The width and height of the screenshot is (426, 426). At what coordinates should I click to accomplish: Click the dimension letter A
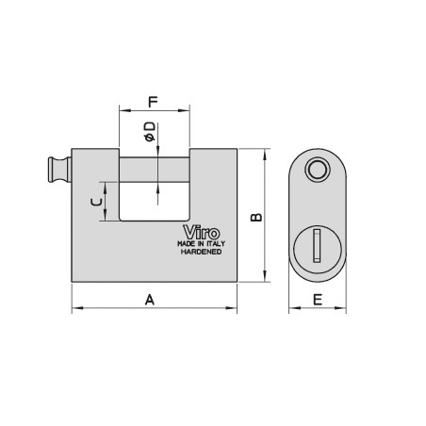pos(150,300)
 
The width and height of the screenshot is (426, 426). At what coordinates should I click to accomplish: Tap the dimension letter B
pos(256,218)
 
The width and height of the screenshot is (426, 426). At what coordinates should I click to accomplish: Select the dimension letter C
pos(96,202)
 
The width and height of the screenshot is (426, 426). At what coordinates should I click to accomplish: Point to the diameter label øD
pos(150,131)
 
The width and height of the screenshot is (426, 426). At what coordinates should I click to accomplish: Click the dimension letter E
pos(318,300)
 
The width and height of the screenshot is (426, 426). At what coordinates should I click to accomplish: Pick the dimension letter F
pos(153,102)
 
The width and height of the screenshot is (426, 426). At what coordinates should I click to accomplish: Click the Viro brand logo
pos(202,233)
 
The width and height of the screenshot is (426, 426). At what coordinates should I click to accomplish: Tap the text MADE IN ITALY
pos(202,244)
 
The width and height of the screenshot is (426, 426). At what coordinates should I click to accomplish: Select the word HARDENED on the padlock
pos(202,252)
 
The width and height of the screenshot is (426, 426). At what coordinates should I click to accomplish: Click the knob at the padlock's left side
pos(59,170)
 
